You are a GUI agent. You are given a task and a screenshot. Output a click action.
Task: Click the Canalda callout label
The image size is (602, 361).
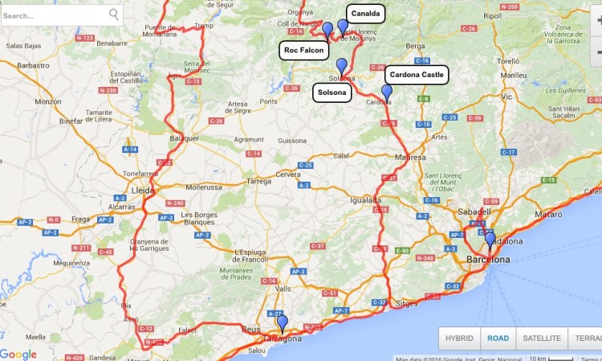365,14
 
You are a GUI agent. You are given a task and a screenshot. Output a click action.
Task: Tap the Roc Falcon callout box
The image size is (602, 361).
303,51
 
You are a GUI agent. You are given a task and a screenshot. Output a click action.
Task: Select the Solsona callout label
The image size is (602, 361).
332,92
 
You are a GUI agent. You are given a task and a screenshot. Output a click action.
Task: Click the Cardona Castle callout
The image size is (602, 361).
416,75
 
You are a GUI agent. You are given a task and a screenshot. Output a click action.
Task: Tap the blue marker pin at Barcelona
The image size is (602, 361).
490,240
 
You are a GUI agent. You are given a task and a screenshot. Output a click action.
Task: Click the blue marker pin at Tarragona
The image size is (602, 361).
282,323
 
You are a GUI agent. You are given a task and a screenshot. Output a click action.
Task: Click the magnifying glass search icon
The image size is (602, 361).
114,14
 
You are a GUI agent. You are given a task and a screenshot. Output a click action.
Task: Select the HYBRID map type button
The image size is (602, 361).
459,338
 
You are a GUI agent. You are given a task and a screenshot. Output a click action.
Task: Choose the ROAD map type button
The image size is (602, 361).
498,338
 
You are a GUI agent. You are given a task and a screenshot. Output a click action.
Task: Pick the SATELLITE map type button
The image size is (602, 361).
542,338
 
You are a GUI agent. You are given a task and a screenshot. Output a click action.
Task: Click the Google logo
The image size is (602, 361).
18,355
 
